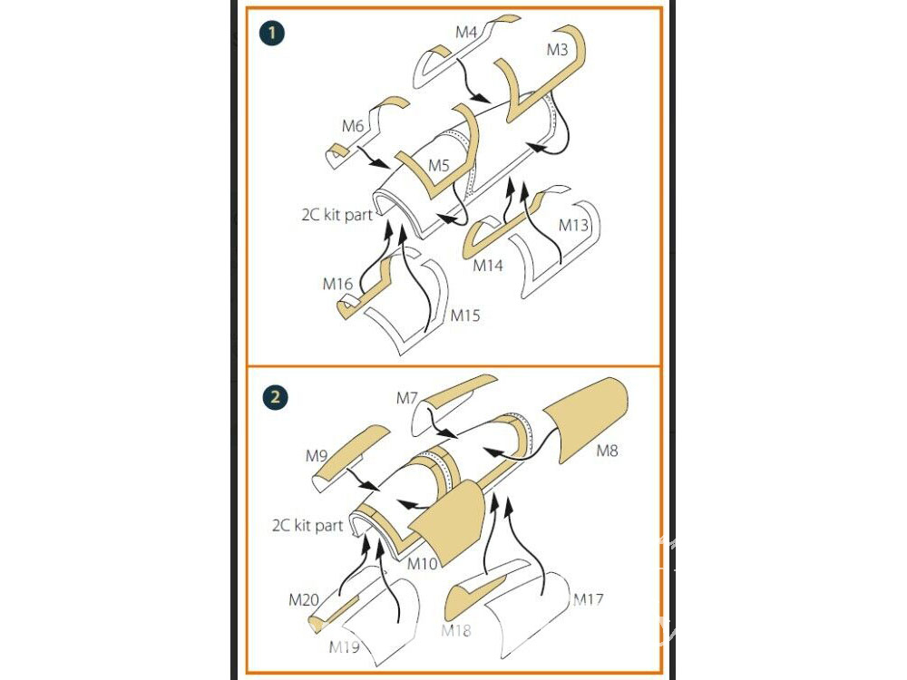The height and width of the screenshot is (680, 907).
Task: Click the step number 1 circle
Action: [x=271, y=33]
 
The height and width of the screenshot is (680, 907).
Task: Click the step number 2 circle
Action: [x=275, y=397]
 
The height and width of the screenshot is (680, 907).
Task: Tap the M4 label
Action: [x=466, y=32]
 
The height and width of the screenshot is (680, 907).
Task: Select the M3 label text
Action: [x=558, y=50]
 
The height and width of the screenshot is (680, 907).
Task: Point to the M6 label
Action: [x=353, y=125]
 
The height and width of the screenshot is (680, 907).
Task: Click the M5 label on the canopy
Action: [x=439, y=165]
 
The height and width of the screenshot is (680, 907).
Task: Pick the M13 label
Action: [x=573, y=225]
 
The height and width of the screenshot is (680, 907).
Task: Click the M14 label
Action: [x=488, y=266]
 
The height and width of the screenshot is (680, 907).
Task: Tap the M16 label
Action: [x=337, y=284]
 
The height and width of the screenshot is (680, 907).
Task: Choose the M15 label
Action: [x=465, y=316]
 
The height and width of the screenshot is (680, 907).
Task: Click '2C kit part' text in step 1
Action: [x=336, y=215]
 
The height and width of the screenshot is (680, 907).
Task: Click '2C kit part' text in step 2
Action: [x=307, y=525]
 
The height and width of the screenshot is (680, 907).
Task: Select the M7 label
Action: [x=407, y=398]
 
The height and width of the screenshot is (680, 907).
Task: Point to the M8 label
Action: [x=608, y=451]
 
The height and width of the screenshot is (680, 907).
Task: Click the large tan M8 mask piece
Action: [x=586, y=417]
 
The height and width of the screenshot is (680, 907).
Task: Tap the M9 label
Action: [x=317, y=456]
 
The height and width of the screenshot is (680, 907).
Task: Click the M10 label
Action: [x=423, y=563]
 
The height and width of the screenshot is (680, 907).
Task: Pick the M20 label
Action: [x=304, y=599]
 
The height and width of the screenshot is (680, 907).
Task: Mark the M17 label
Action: [x=589, y=599]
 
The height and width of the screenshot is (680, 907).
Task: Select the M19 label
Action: [x=344, y=647]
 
